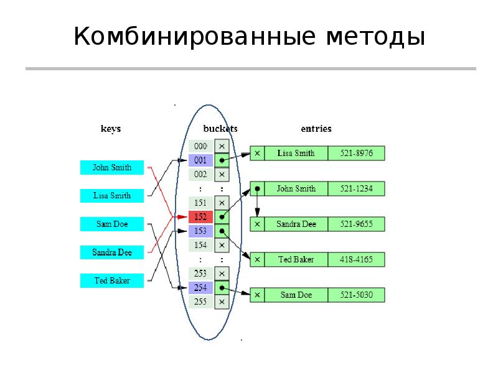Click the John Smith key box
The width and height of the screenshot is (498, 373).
[x=112, y=167]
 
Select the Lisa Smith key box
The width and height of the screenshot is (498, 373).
[x=112, y=196]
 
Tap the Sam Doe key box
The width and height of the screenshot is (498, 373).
[x=112, y=224]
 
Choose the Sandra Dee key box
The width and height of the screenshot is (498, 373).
[x=112, y=252]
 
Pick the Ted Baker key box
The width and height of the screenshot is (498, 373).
[x=112, y=281]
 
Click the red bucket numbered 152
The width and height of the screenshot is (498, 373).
[x=200, y=217]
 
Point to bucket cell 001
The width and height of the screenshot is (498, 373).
[x=200, y=160]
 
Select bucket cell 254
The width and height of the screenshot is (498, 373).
[x=200, y=288]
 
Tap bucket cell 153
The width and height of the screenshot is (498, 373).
[x=200, y=231]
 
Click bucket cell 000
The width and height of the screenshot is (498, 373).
[x=200, y=146]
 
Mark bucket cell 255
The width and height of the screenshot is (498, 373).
[x=200, y=302]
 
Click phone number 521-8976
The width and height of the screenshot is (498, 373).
[x=356, y=153]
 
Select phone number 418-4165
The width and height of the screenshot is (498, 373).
[x=356, y=259]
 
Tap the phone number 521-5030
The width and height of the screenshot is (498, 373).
[x=356, y=295]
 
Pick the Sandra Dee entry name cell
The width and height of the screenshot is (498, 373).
[x=296, y=224]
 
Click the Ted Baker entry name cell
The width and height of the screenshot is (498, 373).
[x=296, y=259]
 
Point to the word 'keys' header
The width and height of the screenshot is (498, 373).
[x=111, y=129]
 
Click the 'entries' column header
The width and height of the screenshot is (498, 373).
[x=316, y=129]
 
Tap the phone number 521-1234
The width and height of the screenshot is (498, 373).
[x=356, y=188]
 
